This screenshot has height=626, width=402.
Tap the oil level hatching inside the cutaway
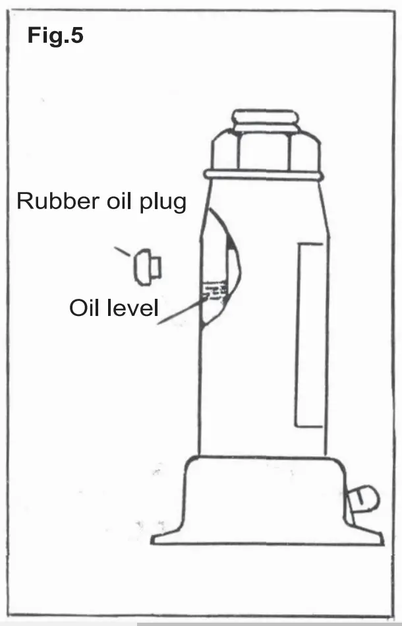pos(215,291)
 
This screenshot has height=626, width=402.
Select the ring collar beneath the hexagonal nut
pos(264,175)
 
